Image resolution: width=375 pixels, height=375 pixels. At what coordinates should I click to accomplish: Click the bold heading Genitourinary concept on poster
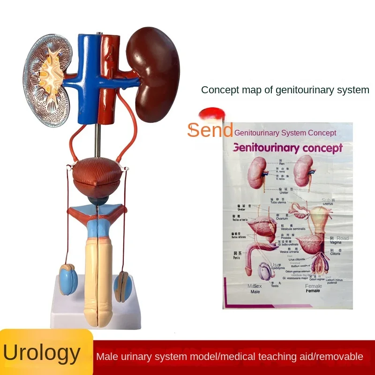(x=287, y=148)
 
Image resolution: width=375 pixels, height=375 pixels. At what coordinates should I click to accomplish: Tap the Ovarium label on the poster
(x=282, y=217)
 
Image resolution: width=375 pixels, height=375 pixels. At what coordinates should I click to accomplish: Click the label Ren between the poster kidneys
(x=282, y=164)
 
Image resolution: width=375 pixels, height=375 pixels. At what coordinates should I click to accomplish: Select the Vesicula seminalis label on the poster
(x=292, y=228)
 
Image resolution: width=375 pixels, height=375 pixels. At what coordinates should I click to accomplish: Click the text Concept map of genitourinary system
(x=285, y=90)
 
